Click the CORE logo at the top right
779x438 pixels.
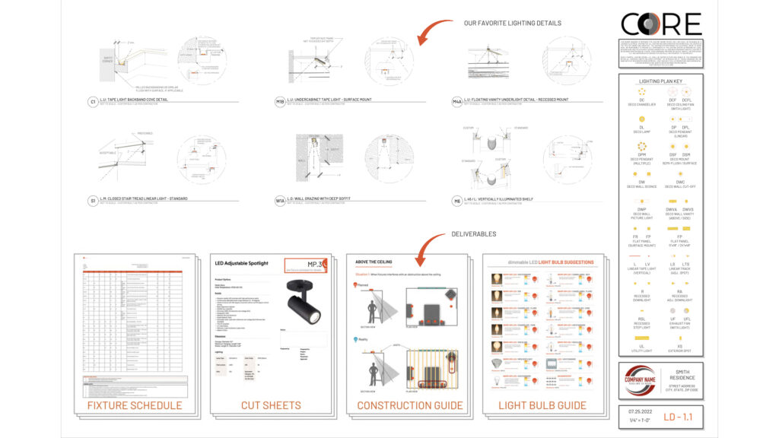660,24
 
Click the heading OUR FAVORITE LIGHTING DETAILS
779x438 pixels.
512,23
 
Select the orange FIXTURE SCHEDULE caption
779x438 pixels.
134,405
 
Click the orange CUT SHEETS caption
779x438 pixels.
271,405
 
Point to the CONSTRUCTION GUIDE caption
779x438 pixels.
409,405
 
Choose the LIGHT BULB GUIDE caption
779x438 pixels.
542,405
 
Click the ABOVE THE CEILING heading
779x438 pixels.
374,262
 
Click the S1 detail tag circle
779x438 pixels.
93,201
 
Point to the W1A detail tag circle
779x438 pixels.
280,201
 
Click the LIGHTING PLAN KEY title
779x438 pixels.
660,80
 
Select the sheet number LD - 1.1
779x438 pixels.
679,417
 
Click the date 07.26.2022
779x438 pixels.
637,411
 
